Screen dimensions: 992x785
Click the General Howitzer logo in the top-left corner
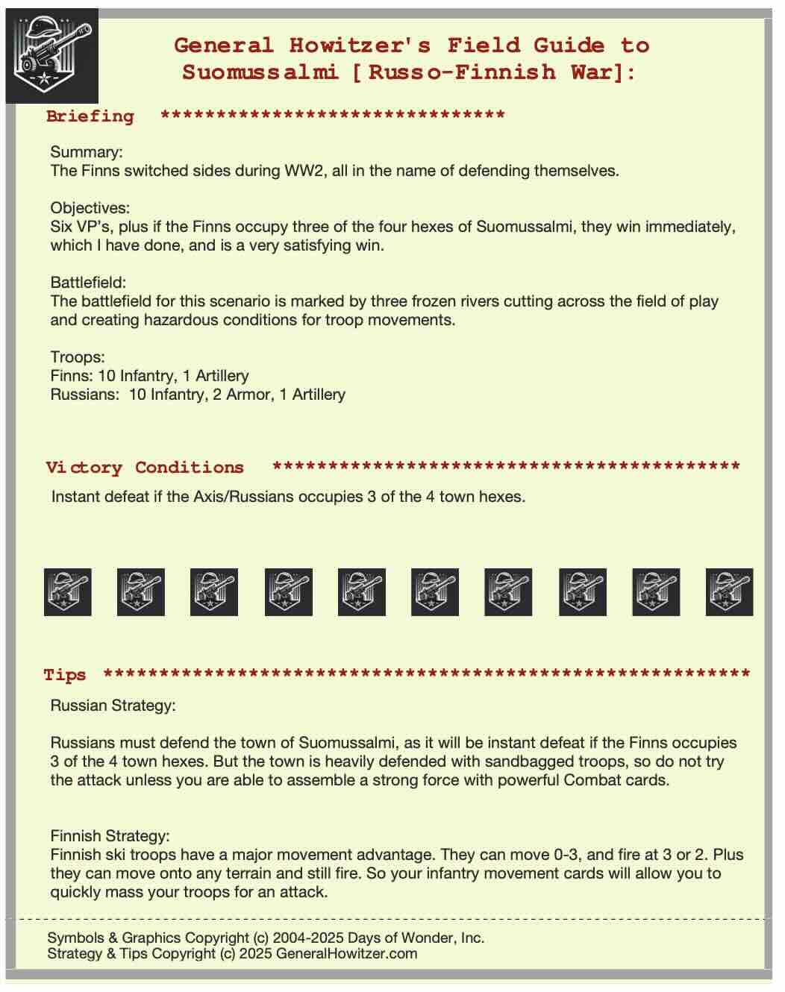coord(51,55)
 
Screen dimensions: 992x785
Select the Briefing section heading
coord(90,116)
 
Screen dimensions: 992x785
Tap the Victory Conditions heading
coord(144,468)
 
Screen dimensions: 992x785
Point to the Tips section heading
coord(65,675)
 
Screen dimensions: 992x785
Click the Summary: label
coord(87,152)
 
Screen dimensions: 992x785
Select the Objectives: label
coord(90,208)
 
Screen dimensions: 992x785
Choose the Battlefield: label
coord(88,283)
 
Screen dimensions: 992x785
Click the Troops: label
coord(78,357)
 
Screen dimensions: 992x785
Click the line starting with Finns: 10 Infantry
coord(149,376)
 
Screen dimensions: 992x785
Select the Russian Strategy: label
coord(113,706)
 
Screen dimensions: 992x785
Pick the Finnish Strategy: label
coord(110,836)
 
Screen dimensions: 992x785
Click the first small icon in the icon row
coord(68,592)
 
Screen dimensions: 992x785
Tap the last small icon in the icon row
coord(729,592)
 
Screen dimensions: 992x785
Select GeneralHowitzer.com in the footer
coord(346,954)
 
